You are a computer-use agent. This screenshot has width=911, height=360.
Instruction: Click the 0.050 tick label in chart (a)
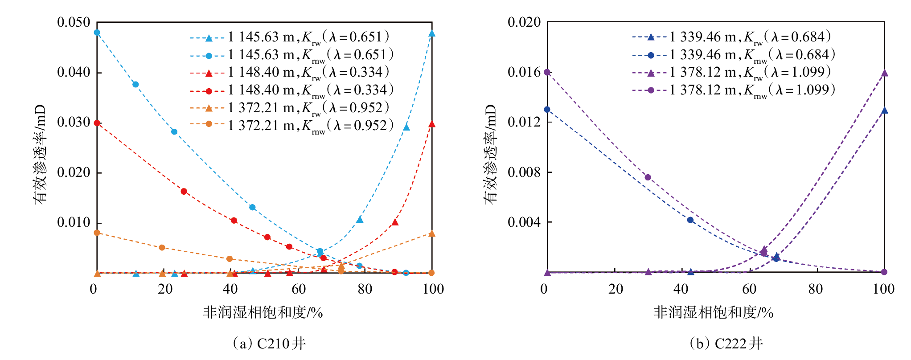74,22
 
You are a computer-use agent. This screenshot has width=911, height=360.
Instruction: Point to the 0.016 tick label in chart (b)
524,72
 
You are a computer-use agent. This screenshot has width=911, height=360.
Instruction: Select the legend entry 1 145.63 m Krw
290,37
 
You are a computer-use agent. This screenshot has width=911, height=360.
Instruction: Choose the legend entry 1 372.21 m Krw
290,108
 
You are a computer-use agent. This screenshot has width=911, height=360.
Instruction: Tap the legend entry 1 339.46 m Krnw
734,55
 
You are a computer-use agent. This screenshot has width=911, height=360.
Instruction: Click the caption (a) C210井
269,344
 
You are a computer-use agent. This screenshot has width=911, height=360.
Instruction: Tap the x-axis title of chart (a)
263,312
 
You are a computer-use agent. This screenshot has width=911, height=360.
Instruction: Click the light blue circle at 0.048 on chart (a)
97,33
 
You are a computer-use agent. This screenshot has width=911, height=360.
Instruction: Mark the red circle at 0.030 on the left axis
97,123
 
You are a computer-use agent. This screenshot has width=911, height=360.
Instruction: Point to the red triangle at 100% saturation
431,124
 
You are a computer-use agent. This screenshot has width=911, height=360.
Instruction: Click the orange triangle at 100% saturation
431,233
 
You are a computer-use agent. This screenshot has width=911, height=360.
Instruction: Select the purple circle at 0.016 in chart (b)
547,72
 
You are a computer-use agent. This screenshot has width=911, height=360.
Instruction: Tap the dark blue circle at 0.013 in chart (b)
547,110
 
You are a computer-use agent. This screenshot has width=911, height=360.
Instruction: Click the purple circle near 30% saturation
648,177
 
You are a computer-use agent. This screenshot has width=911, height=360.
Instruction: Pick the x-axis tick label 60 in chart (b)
749,289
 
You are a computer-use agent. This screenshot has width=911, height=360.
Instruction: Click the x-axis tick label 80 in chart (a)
365,289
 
